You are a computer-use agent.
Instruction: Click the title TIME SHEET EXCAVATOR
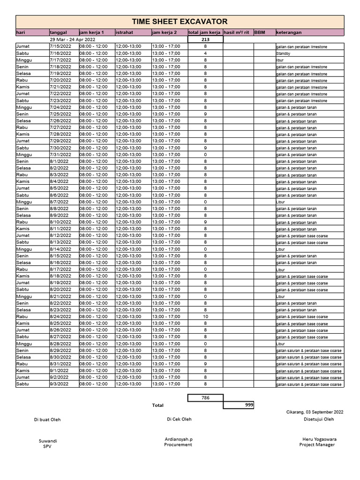[x=180, y=22]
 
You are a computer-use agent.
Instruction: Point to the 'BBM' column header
[x=259, y=33]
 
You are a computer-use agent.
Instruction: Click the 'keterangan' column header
[x=289, y=33]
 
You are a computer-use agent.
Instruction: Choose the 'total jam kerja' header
[x=204, y=33]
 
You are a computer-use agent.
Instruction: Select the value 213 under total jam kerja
[x=205, y=40]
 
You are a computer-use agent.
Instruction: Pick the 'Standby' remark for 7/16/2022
[x=283, y=54]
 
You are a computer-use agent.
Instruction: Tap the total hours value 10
[x=205, y=316]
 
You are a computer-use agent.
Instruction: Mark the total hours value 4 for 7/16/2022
[x=205, y=53]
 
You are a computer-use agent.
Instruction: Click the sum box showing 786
[x=205, y=397]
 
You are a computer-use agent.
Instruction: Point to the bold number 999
[x=248, y=404]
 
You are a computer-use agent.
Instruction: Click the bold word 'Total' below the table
[x=158, y=405]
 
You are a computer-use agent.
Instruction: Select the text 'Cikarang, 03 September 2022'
[x=315, y=412]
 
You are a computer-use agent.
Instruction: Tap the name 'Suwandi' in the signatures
[x=47, y=441]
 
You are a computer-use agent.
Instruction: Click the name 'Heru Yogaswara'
[x=319, y=439]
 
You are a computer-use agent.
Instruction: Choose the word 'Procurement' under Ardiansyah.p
[x=178, y=444]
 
